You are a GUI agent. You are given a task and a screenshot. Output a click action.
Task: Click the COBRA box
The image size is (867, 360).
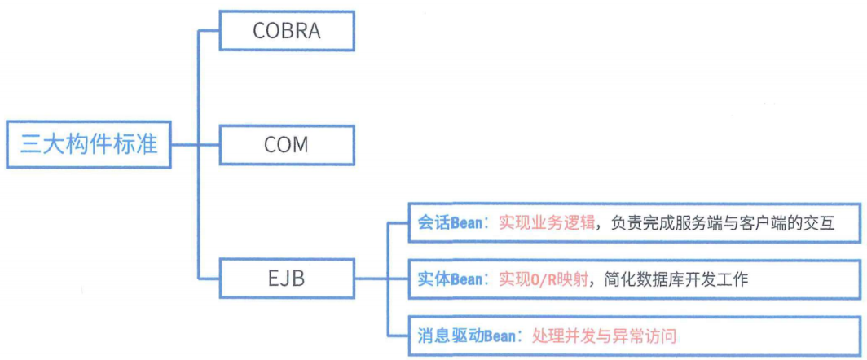tap(287, 32)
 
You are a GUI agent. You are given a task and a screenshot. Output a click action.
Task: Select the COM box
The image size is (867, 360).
tap(287, 145)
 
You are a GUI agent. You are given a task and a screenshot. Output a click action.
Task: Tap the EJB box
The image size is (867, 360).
tap(287, 279)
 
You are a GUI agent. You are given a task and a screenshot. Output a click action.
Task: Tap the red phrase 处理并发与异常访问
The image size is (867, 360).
tap(604, 335)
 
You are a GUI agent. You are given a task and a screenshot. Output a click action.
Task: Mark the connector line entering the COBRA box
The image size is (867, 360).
tap(210, 32)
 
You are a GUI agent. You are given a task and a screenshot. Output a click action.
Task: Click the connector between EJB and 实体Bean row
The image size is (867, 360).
tap(379, 279)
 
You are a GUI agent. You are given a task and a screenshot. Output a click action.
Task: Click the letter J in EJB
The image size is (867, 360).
tap(288, 279)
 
